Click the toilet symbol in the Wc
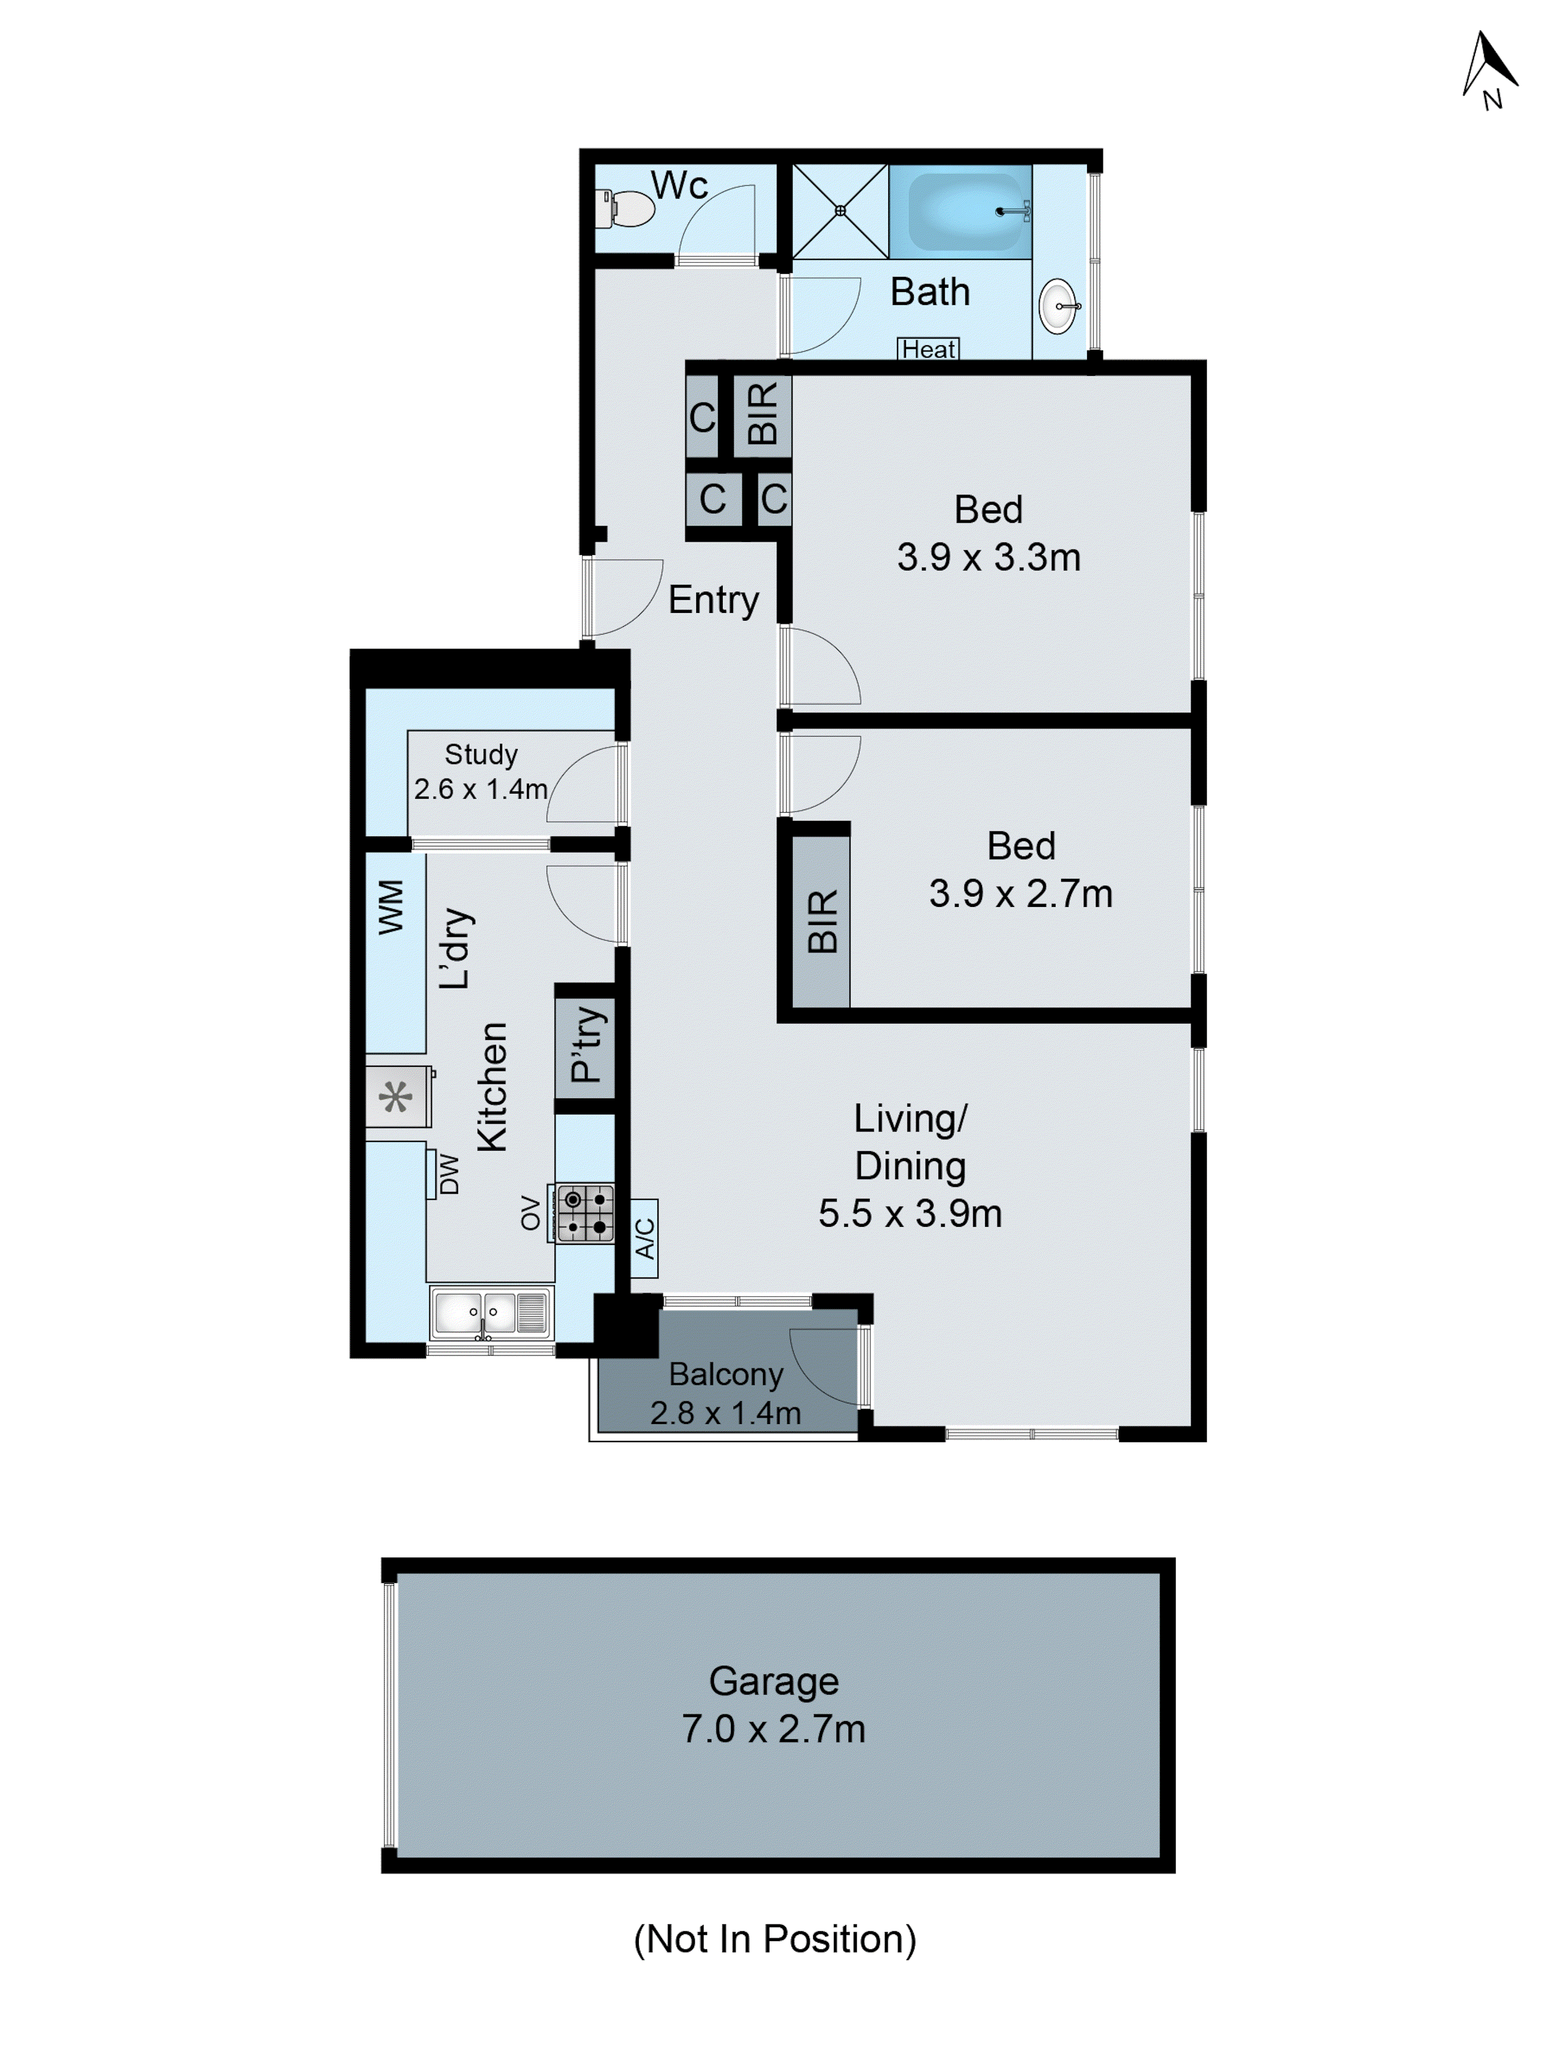(x=624, y=208)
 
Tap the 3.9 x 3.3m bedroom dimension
(x=989, y=557)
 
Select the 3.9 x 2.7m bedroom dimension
(x=1020, y=893)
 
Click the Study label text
(x=480, y=754)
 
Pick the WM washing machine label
(x=391, y=906)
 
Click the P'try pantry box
(x=585, y=1046)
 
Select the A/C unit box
(x=644, y=1238)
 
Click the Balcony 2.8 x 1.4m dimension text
(x=725, y=1413)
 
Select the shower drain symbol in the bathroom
(x=840, y=211)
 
